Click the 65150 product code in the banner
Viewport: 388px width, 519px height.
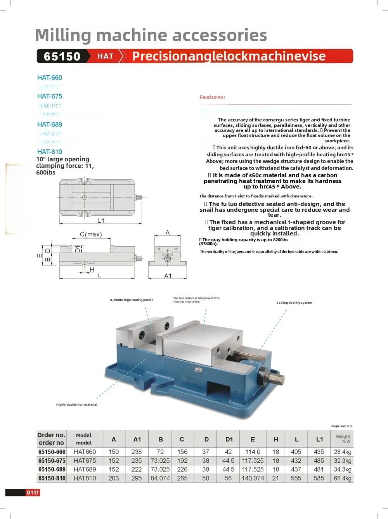(x=62, y=56)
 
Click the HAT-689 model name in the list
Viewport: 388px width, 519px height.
(x=50, y=125)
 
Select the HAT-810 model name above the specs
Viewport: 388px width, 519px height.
(x=50, y=152)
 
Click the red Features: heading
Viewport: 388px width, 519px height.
(x=212, y=97)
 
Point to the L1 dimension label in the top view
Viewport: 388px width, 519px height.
(x=101, y=220)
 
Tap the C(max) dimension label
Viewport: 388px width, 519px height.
(x=91, y=234)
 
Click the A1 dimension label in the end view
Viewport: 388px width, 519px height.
(x=168, y=276)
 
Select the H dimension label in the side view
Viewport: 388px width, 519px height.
(x=92, y=270)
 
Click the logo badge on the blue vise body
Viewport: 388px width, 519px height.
(x=199, y=370)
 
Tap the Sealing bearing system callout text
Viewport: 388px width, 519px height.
(x=294, y=303)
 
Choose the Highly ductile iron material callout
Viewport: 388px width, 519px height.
(x=76, y=405)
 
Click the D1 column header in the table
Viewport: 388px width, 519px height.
(x=229, y=439)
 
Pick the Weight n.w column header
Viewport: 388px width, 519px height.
(x=343, y=439)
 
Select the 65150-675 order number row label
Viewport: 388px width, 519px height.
(x=52, y=461)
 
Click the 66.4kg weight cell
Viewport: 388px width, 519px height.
(x=343, y=478)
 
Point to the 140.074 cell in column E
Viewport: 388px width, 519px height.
(x=253, y=478)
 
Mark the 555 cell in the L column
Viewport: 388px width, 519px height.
(x=296, y=478)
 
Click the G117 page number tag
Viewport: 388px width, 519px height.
(x=33, y=493)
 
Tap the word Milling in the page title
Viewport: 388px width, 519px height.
(x=62, y=35)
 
